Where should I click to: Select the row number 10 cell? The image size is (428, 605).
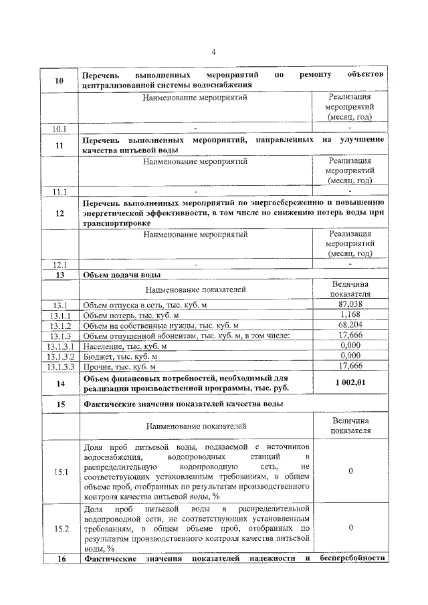[x=59, y=80]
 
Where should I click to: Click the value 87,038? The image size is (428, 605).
[x=350, y=304]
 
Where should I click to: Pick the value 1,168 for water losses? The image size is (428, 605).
[x=350, y=314]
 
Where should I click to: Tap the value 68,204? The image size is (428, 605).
[x=350, y=325]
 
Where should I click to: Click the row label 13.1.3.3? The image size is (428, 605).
[x=60, y=366]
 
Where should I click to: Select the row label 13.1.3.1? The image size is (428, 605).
[x=60, y=346]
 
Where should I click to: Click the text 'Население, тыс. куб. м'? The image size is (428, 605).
[x=124, y=346]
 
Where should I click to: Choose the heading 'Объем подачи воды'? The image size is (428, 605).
[x=120, y=275]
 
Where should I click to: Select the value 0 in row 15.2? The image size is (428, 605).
[x=350, y=528]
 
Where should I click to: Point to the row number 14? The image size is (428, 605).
[x=59, y=384]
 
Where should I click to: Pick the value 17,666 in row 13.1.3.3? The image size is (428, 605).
[x=350, y=366]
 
